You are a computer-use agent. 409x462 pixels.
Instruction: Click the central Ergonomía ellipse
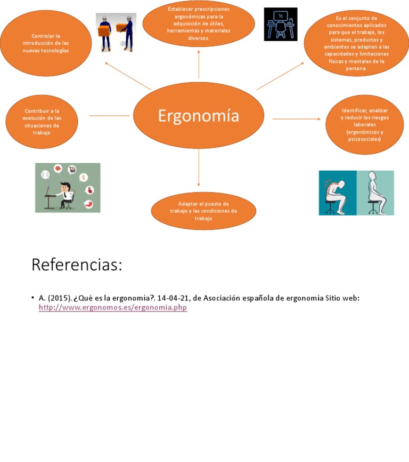(198, 116)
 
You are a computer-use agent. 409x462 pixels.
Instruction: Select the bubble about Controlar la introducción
(46, 43)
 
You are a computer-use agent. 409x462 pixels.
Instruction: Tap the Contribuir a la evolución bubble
(42, 122)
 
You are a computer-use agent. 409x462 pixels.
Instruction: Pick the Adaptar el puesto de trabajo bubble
(203, 211)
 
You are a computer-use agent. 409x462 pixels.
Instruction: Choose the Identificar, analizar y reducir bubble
(364, 125)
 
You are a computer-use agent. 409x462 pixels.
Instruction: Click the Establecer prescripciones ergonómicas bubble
(199, 24)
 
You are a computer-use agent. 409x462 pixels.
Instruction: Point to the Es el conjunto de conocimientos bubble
(356, 43)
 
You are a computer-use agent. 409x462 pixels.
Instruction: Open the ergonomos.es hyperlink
(113, 308)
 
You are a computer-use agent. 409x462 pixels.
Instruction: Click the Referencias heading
(77, 265)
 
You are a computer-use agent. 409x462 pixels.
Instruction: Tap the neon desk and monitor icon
(281, 25)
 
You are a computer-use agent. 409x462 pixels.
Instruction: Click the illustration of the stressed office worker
(68, 188)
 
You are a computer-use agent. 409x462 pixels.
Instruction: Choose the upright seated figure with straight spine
(375, 193)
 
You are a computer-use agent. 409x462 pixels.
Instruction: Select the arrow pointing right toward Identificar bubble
(296, 118)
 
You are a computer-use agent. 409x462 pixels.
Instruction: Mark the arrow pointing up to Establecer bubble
(199, 64)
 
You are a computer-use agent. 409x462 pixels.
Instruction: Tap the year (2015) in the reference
(60, 298)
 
